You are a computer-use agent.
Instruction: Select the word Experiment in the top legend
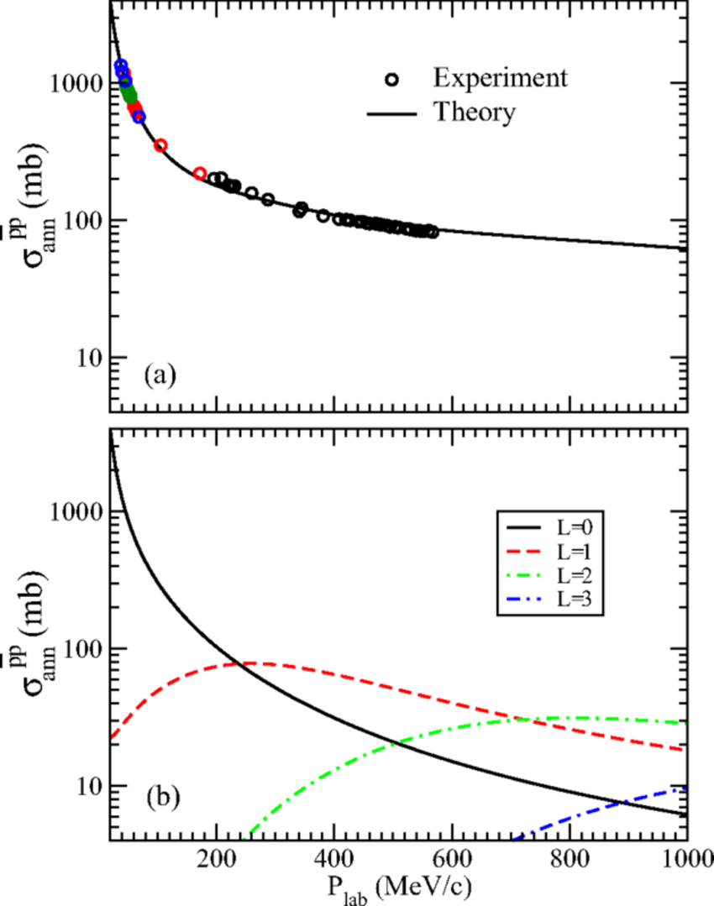[501, 78]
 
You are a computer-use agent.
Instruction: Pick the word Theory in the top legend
[475, 112]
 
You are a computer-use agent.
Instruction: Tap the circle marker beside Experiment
[392, 79]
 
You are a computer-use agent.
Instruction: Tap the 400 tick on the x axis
[334, 859]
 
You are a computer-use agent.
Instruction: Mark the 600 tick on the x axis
[453, 859]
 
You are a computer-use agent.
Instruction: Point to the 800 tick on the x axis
[570, 859]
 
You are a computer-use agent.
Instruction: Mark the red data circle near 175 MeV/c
[200, 173]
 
